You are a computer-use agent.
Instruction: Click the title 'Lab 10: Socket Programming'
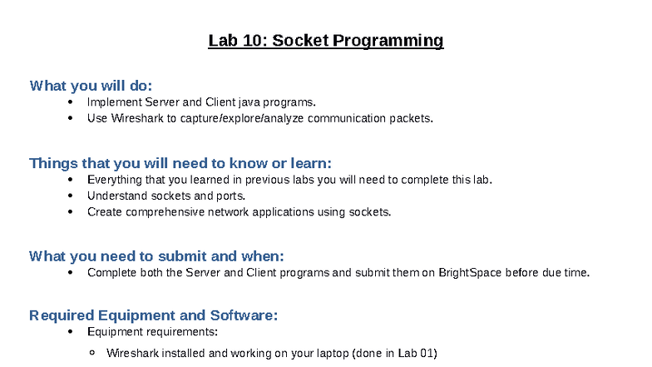tap(325, 41)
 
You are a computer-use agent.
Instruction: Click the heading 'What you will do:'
tap(91, 86)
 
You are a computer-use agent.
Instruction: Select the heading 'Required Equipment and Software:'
tap(153, 315)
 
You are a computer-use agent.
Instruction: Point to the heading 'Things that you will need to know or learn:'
tap(180, 163)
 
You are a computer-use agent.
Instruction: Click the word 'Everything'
tap(114, 180)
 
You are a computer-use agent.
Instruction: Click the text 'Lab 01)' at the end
tap(417, 353)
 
